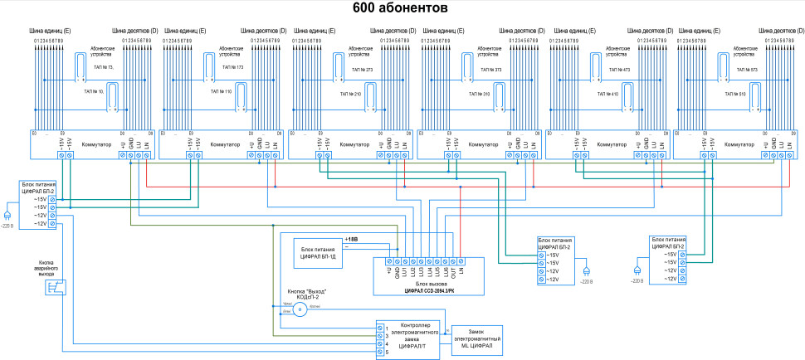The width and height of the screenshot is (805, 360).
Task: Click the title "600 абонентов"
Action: point(401,8)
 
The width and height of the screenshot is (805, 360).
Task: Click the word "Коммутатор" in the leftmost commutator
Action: point(97,144)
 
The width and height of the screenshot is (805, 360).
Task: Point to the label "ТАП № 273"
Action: point(362,70)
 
